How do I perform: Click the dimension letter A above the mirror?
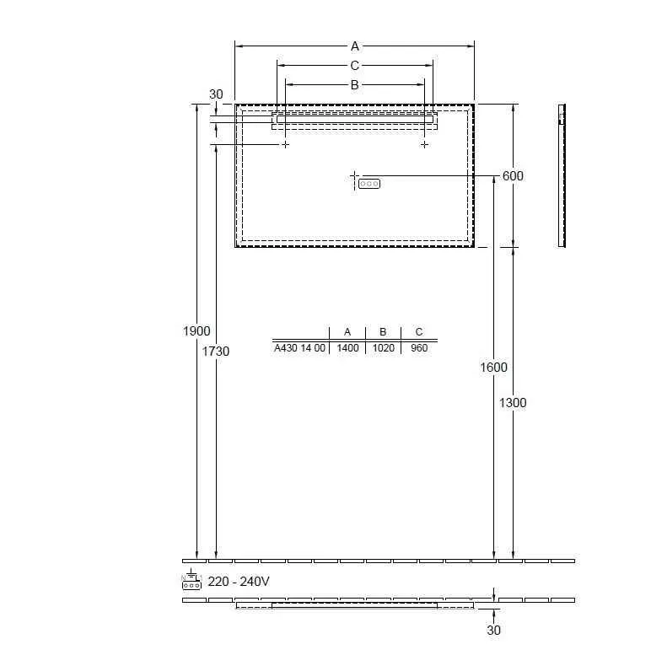pos(355,46)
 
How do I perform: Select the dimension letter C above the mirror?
pos(354,66)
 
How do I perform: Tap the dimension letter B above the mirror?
pos(354,85)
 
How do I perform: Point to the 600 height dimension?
pos(513,176)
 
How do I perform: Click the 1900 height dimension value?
pos(196,331)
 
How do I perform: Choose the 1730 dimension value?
pos(216,352)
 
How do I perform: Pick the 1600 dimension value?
pos(493,368)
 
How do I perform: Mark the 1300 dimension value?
pos(513,403)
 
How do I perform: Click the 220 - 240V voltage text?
pos(239,581)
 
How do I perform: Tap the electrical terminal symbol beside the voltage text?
pos(191,579)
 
